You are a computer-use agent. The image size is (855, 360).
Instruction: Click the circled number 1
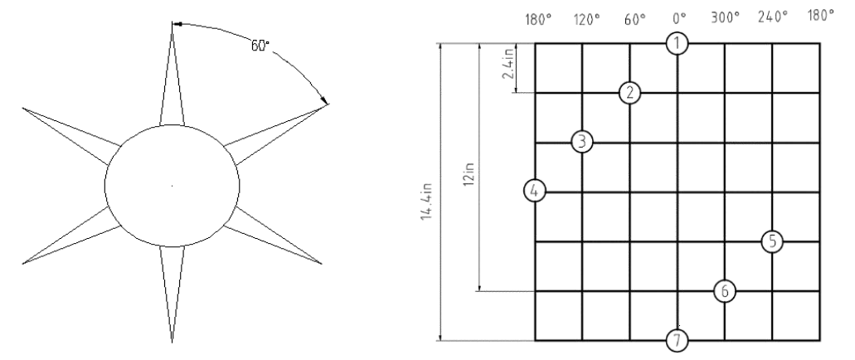click(678, 44)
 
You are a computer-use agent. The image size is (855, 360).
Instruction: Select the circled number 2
click(629, 93)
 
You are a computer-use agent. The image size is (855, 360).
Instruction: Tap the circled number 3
click(582, 142)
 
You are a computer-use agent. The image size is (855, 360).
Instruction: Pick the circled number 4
click(534, 191)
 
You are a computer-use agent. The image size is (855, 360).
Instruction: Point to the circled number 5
click(772, 241)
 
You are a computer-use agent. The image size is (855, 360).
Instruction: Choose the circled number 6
click(725, 291)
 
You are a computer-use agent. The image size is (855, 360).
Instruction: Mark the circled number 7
click(678, 341)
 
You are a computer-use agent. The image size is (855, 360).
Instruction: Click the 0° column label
click(679, 19)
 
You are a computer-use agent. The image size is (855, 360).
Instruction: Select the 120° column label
click(586, 20)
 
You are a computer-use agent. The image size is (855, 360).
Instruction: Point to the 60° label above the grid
click(635, 19)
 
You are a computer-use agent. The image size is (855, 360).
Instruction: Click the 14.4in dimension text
click(426, 202)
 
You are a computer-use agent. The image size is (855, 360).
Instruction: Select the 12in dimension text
click(469, 173)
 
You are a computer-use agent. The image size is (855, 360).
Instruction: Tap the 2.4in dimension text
click(508, 63)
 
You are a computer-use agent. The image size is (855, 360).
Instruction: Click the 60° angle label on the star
click(260, 46)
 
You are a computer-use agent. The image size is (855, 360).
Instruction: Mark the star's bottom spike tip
click(172, 343)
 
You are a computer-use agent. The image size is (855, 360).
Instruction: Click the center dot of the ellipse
click(172, 186)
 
